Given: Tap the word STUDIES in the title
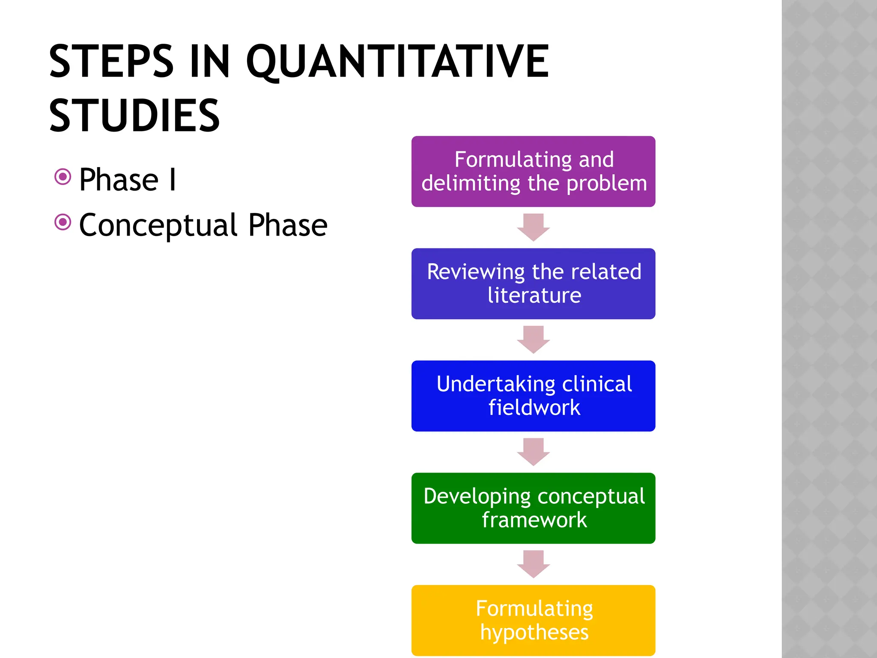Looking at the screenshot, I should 134,115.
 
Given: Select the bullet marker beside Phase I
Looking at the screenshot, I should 63,176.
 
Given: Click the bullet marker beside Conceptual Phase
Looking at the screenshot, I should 63,222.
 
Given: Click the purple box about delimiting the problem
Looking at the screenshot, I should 533,171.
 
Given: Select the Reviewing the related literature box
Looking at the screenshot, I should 533,284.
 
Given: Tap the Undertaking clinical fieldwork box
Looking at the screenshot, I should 533,396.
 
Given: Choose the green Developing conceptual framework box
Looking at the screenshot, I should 533,508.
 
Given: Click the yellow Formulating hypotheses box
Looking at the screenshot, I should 533,620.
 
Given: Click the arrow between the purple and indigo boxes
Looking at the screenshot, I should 533,227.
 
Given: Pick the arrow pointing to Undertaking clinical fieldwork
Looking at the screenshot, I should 533,340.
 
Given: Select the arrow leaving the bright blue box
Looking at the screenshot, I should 533,452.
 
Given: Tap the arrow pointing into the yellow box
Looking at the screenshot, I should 533,564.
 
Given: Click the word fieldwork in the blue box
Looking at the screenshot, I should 534,407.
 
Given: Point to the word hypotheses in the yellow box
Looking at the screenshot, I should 534,632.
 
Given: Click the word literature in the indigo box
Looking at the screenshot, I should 534,295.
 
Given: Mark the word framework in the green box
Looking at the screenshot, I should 534,520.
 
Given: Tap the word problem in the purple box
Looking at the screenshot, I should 606,184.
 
